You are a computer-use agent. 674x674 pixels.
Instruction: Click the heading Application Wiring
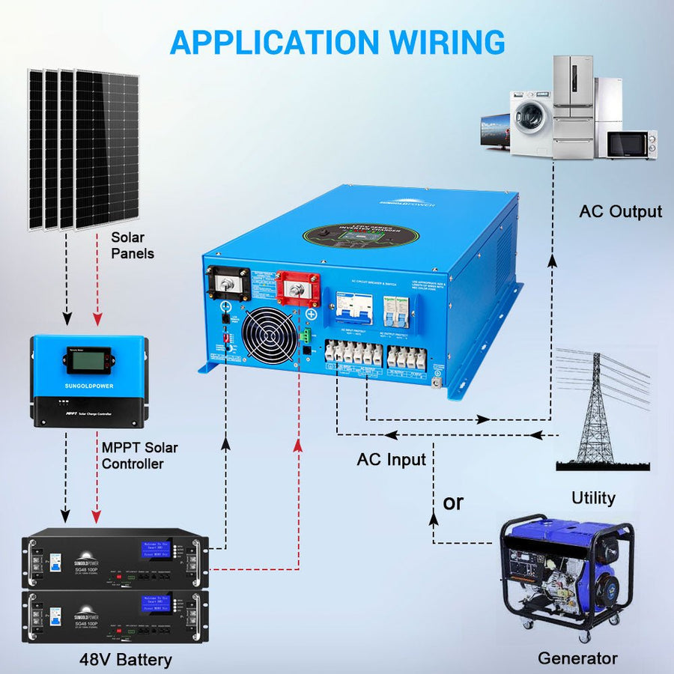click(x=337, y=41)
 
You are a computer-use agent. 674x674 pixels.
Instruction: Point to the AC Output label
click(x=620, y=212)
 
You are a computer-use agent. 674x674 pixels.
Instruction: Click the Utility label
click(x=593, y=498)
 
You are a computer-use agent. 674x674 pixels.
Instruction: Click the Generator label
click(x=577, y=659)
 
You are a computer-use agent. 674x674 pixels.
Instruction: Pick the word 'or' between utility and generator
click(x=453, y=503)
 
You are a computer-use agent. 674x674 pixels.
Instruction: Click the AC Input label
click(x=391, y=459)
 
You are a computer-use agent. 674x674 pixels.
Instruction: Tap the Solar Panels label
click(x=133, y=245)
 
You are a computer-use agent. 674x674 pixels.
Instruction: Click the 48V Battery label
click(x=125, y=660)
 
